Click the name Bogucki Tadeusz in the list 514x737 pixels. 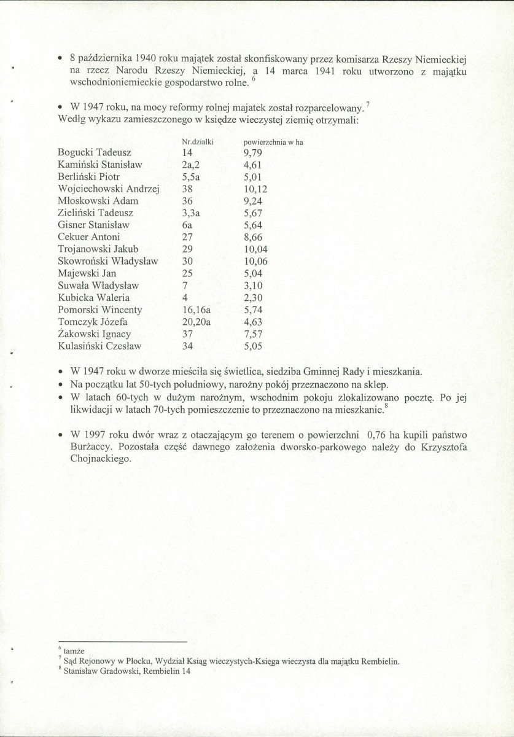coord(93,152)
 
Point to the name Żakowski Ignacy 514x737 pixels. coord(94,334)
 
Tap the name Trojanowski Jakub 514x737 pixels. coord(98,249)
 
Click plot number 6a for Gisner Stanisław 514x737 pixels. coord(188,225)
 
